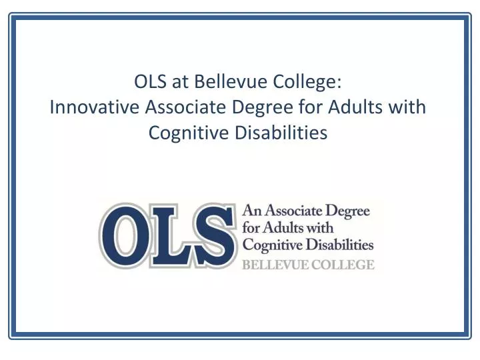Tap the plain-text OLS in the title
149,82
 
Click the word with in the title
408,107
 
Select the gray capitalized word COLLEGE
341,265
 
